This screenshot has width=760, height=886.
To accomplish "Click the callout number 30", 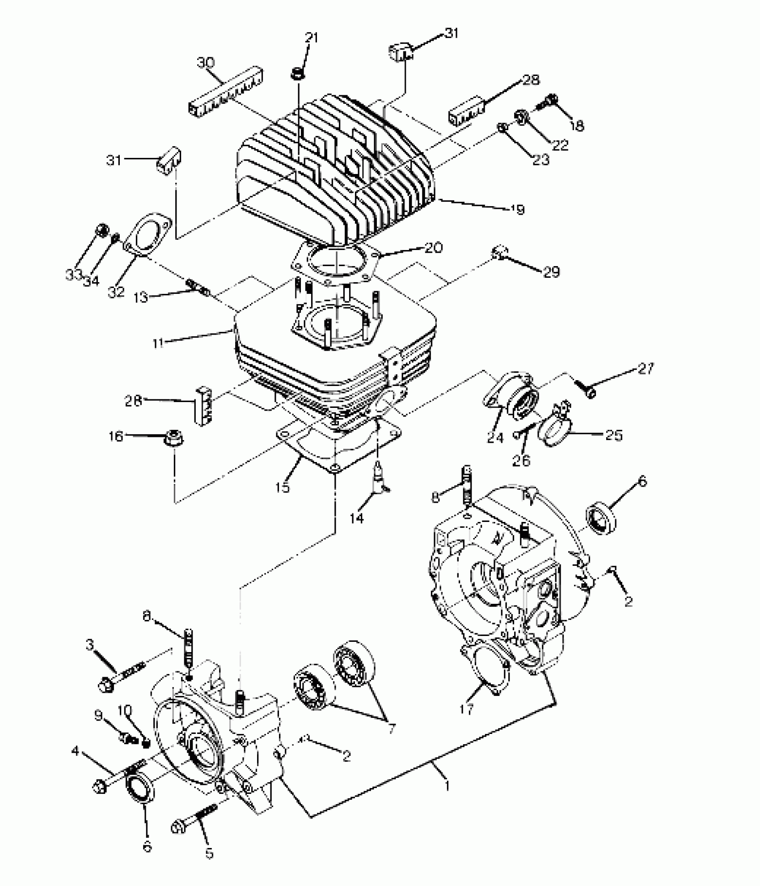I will pyautogui.click(x=206, y=63).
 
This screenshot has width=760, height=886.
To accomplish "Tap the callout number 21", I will pyautogui.click(x=311, y=38).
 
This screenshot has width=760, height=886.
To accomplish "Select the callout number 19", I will pyautogui.click(x=518, y=209).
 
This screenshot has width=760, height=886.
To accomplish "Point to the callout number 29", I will pyautogui.click(x=551, y=271).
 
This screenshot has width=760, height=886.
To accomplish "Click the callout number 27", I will pyautogui.click(x=646, y=369).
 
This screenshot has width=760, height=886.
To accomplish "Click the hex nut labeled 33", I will pyautogui.click(x=101, y=231).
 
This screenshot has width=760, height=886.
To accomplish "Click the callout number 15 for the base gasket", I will pyautogui.click(x=283, y=487).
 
